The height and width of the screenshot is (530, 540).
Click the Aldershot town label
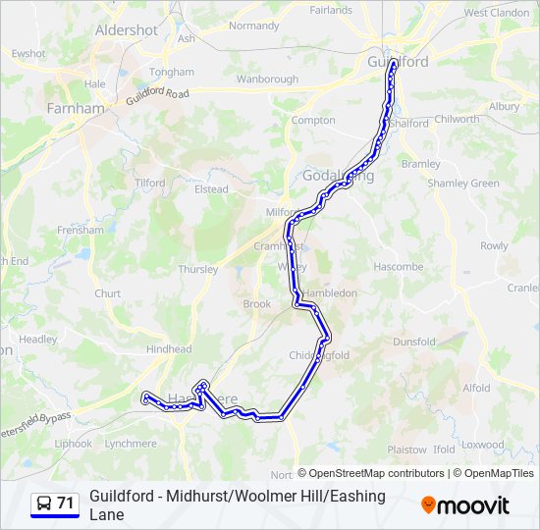coord(126,30)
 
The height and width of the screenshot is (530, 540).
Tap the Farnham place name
coord(75,108)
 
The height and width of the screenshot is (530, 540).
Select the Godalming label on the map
coord(338,175)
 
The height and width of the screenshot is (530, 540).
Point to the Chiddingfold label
coord(320,355)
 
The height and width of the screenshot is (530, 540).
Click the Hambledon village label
coord(329,292)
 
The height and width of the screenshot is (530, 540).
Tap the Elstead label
coord(211,189)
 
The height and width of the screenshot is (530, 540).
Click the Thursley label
coord(197,269)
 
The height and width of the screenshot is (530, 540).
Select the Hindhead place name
coord(169,348)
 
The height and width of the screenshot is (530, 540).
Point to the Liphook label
coord(73,444)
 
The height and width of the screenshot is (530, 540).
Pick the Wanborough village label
coord(267,79)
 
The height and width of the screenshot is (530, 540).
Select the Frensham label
coord(80,230)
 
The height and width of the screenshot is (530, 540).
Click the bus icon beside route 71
coord(44,503)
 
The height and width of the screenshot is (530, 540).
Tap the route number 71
coord(66,503)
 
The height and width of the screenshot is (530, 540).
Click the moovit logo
coord(465,505)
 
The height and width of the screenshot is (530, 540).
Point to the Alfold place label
coord(476,388)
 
